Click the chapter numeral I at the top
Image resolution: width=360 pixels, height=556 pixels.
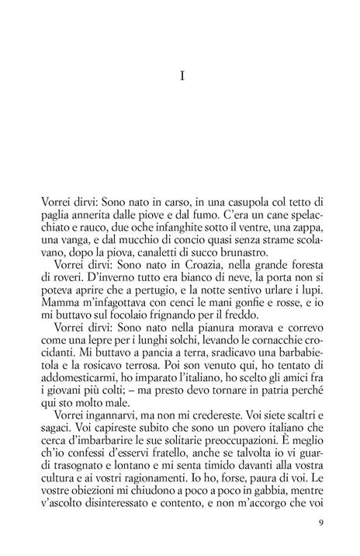pyautogui.click(x=180, y=77)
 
